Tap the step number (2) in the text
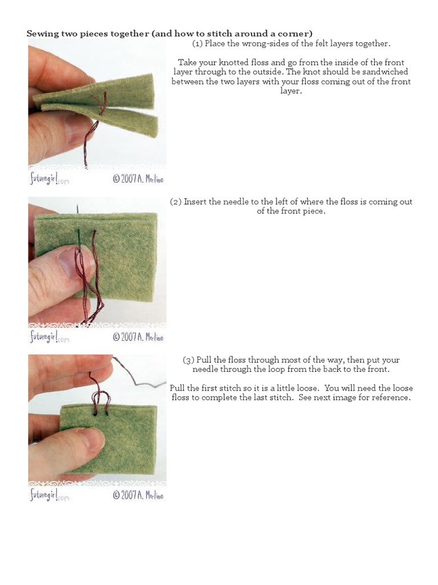pyautogui.click(x=176, y=202)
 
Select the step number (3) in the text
pyautogui.click(x=189, y=360)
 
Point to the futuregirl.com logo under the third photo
pyautogui.click(x=49, y=494)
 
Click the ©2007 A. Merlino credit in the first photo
pyautogui.click(x=138, y=178)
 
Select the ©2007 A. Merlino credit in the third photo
pyautogui.click(x=138, y=495)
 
